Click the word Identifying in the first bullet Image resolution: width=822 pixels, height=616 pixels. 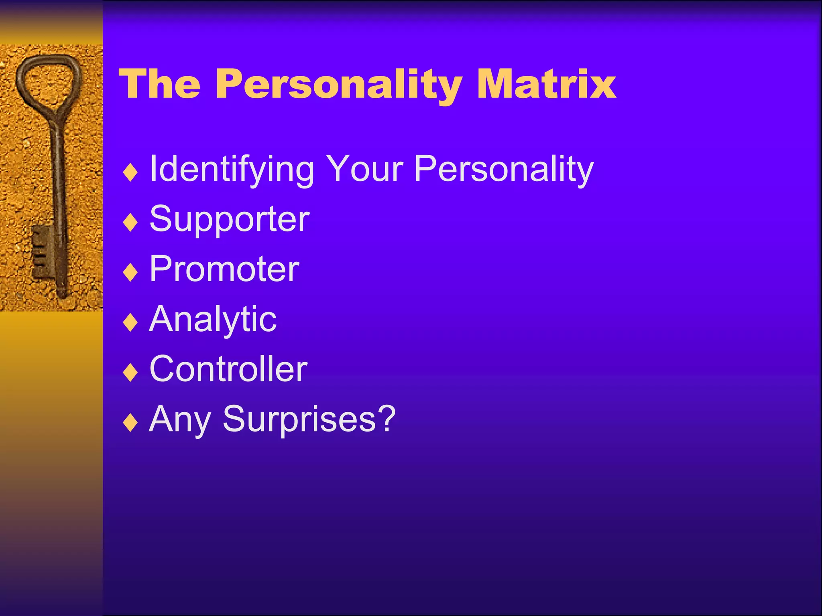[232, 170]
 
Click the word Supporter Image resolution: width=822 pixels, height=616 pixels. [229, 220]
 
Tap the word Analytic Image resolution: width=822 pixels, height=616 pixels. [213, 320]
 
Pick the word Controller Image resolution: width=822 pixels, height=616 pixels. [228, 369]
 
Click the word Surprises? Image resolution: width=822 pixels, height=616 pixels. [309, 419]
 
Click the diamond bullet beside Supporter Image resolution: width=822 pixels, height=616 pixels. [130, 222]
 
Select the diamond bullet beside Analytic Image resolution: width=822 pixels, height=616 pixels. [130, 322]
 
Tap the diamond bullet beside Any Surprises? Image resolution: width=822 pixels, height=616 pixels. [130, 422]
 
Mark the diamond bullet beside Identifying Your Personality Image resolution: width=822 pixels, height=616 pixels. [130, 172]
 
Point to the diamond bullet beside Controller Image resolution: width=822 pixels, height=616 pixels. [130, 372]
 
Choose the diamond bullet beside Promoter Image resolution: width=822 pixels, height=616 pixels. [130, 272]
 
